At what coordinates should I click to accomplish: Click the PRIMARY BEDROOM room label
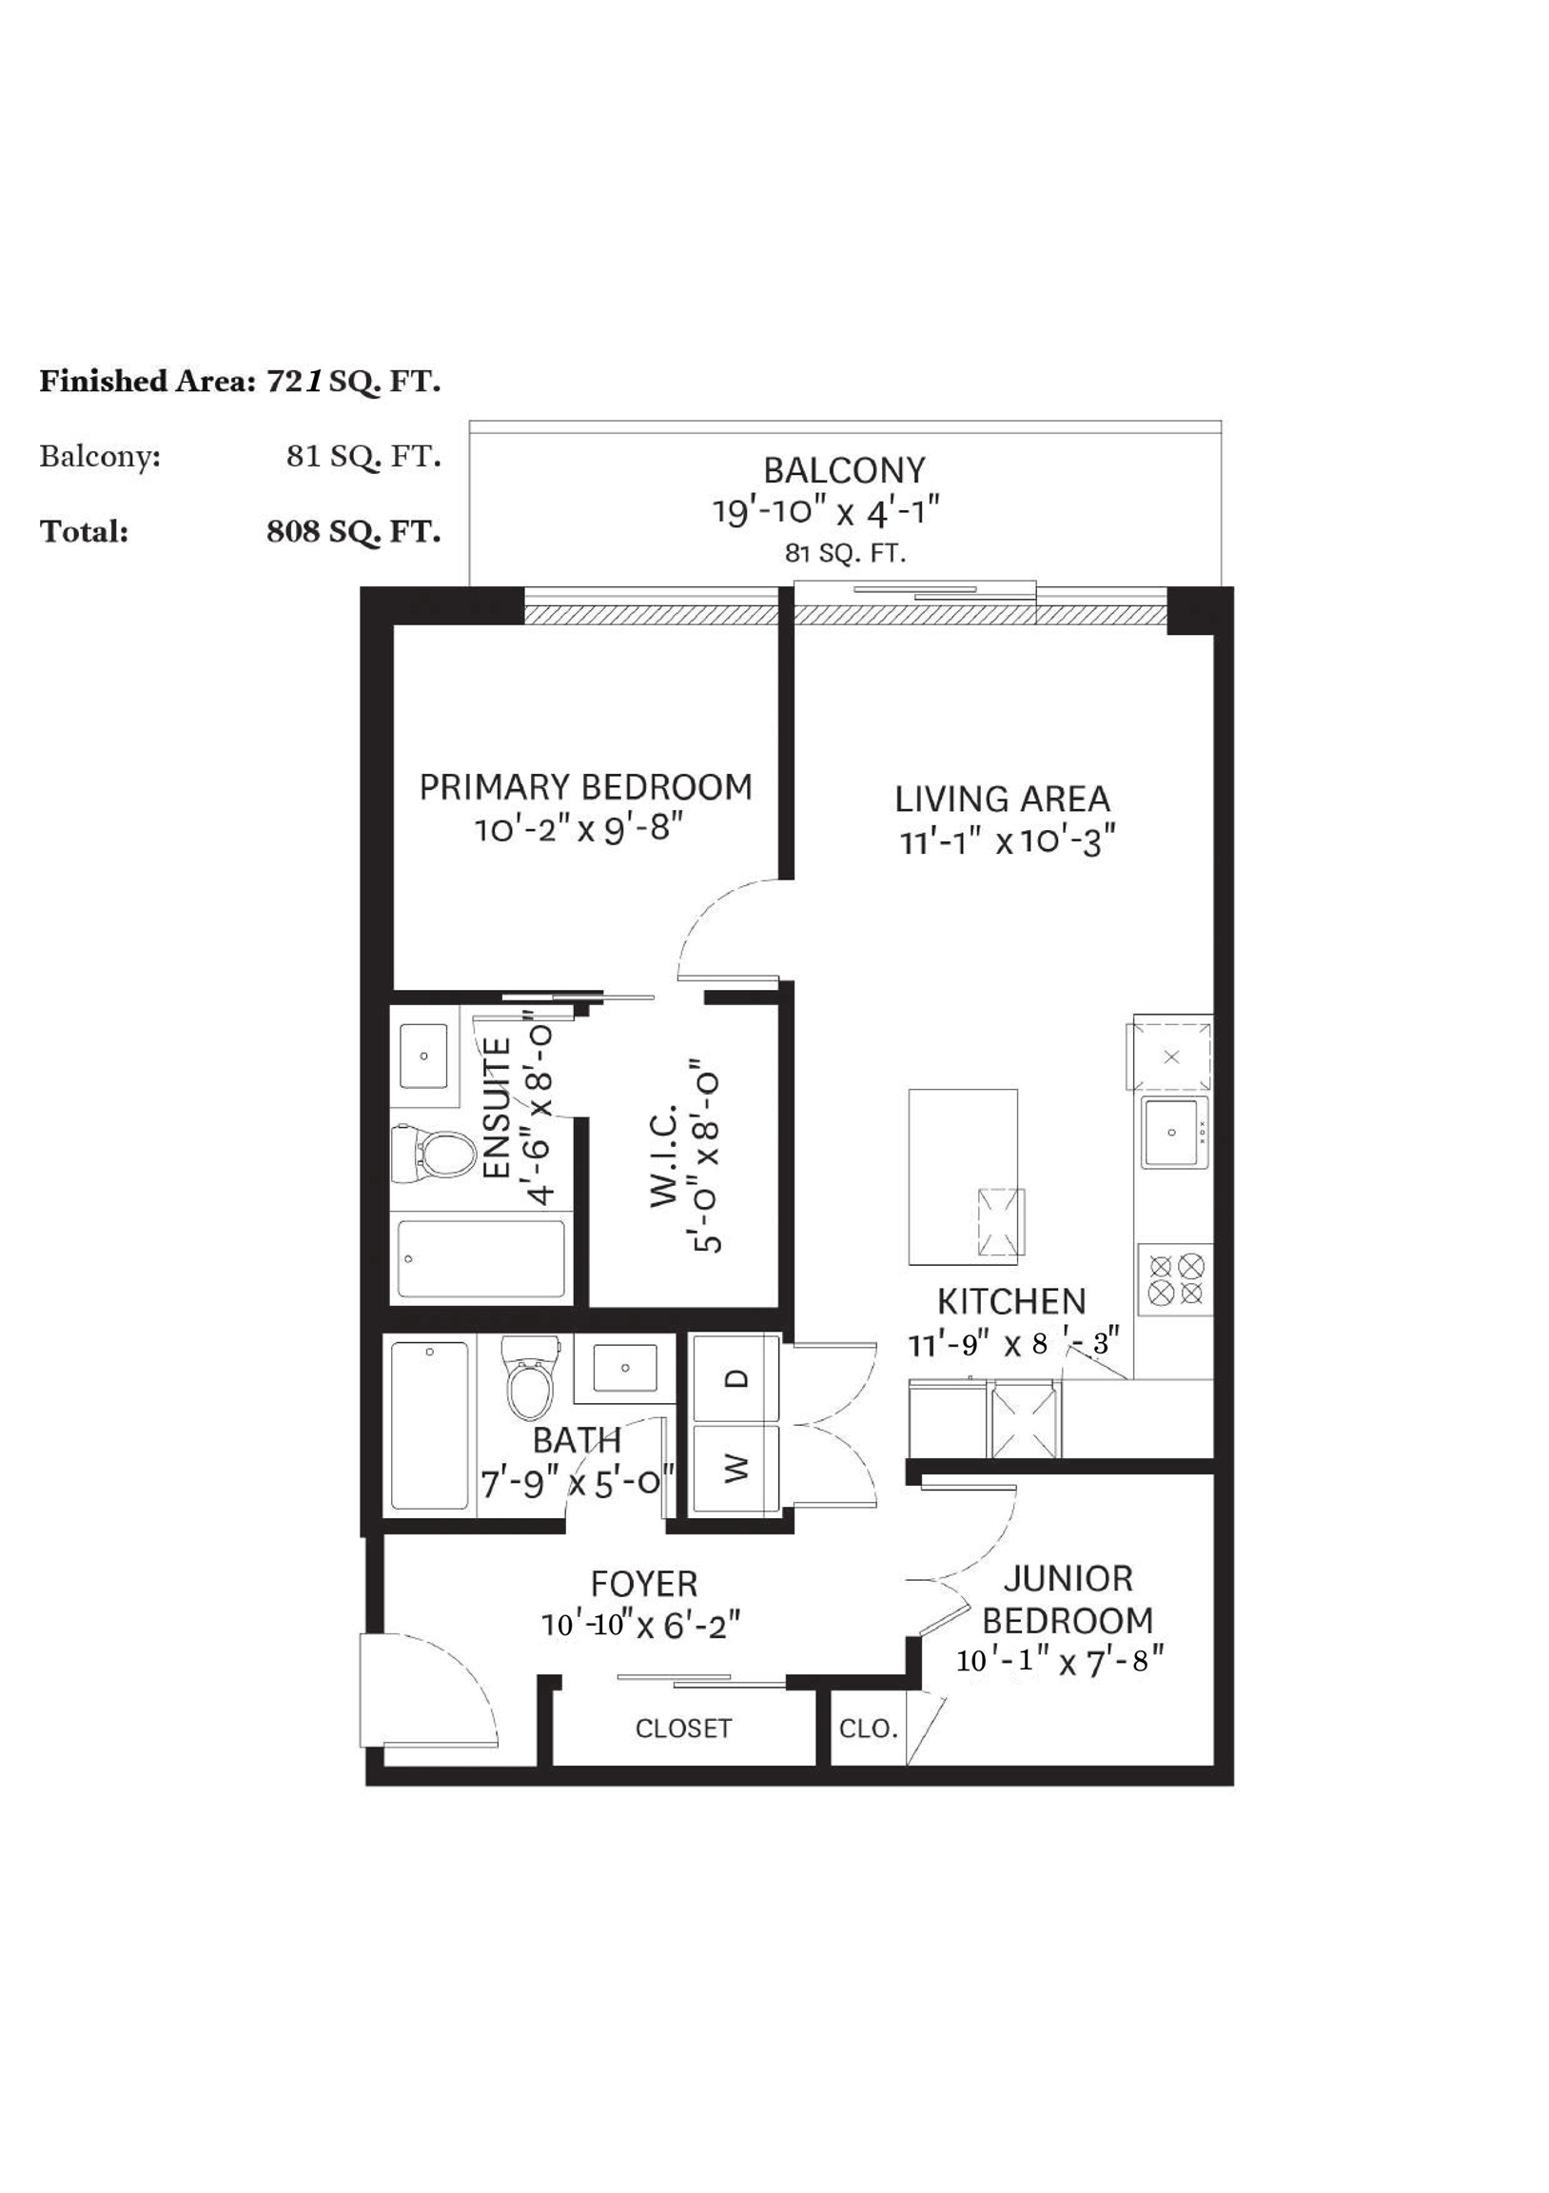pos(585,788)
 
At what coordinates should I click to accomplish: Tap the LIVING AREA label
pos(1002,800)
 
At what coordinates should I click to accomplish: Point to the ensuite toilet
pos(434,1155)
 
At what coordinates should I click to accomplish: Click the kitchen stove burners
pos(1176,1280)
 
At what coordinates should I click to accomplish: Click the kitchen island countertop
pos(963,1176)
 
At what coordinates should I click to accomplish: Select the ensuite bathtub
pos(480,1259)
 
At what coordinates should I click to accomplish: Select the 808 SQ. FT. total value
pos(353,532)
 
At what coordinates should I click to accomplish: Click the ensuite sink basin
pos(424,1057)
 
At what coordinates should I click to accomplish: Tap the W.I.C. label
pos(664,1155)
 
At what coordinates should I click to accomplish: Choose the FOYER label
pos(643,1584)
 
